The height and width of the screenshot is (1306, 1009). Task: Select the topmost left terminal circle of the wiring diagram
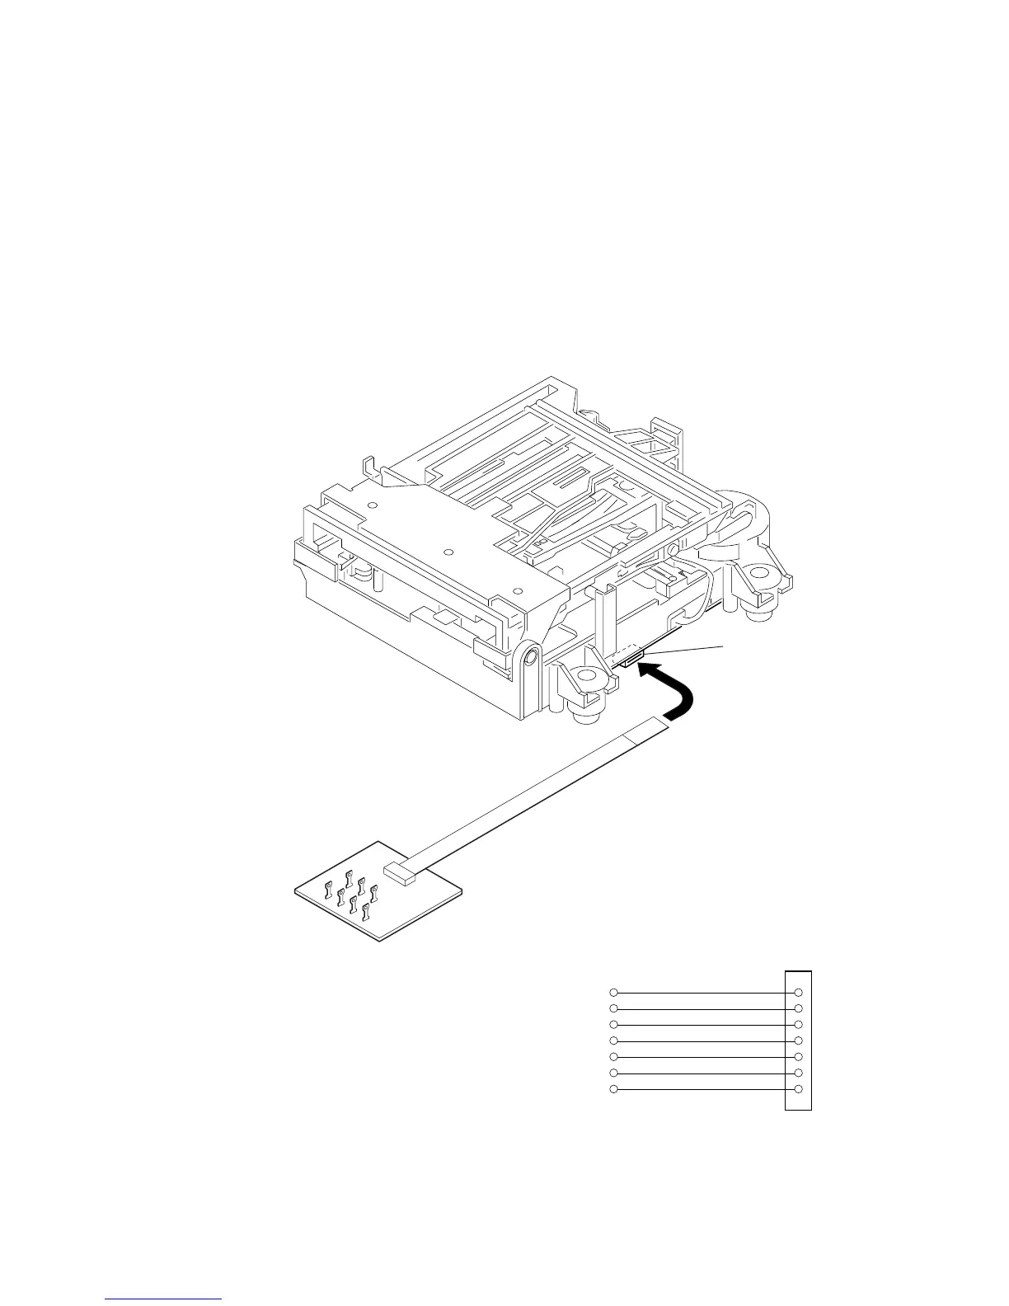612,992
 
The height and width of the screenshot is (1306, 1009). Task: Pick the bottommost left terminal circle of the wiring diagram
612,1090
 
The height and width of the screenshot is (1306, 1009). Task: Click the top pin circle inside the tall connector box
798,992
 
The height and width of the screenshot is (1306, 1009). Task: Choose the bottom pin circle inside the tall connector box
798,1090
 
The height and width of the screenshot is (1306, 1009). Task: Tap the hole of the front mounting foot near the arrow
588,676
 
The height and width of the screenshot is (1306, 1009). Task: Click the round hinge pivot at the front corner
531,657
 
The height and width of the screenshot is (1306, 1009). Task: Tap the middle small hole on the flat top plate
448,551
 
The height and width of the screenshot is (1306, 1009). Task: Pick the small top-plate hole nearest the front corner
518,589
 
